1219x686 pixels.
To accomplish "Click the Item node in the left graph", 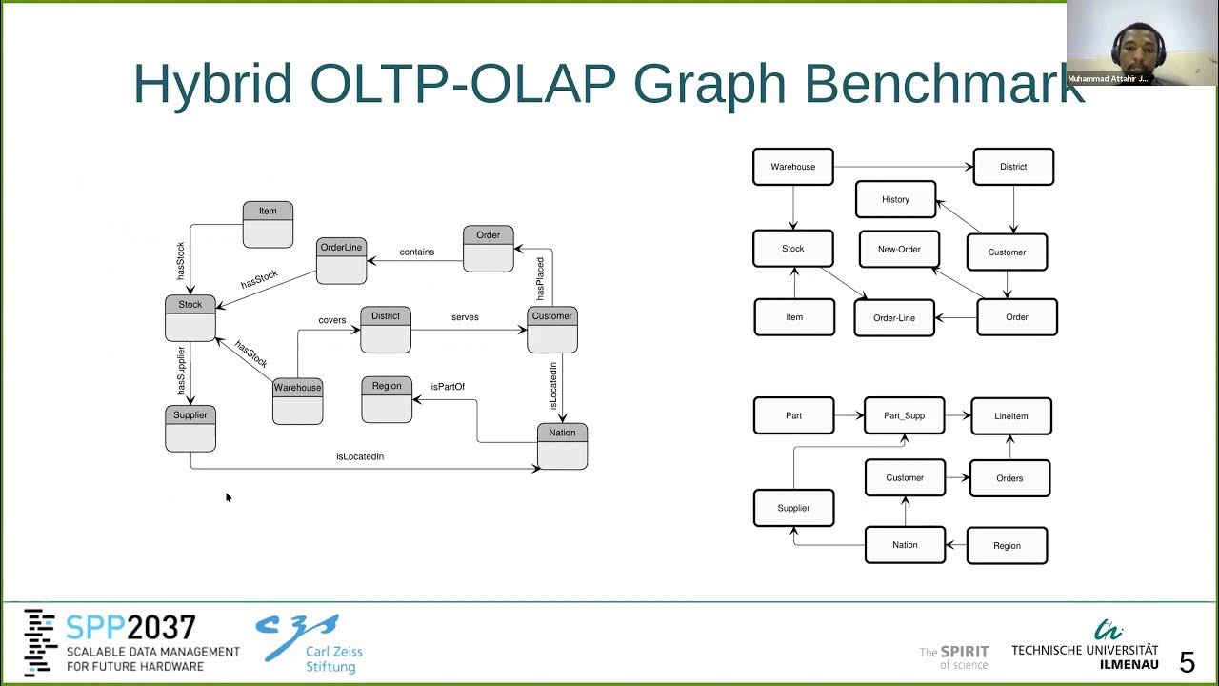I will pos(268,224).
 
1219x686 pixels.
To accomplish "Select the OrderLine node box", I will pos(341,260).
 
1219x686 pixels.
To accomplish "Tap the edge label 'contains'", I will pos(417,252).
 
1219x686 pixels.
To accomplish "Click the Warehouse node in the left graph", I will pos(297,400).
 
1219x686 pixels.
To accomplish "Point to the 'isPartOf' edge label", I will pos(448,387).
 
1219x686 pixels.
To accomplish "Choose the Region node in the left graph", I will pos(387,398).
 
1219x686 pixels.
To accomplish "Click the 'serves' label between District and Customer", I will pos(465,317).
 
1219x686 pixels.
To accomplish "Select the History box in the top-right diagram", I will pos(895,199).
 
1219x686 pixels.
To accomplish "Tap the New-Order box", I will pos(899,249).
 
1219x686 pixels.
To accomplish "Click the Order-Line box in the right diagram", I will pos(894,317).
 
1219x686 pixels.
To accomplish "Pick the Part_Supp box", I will pos(904,415).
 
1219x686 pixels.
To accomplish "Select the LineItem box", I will pos(1011,416).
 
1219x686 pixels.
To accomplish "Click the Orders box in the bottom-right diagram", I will pos(1009,478).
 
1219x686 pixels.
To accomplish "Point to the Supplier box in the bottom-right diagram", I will pos(793,508).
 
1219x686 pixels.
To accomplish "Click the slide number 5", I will pos(1187,661).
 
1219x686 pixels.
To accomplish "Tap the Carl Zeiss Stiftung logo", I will pos(309,643).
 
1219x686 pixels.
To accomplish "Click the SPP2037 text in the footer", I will pos(130,628).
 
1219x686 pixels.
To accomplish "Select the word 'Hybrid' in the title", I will pos(212,84).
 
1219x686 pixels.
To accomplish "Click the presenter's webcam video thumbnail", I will pos(1142,43).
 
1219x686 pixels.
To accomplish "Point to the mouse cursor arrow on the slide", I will pos(229,496).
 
